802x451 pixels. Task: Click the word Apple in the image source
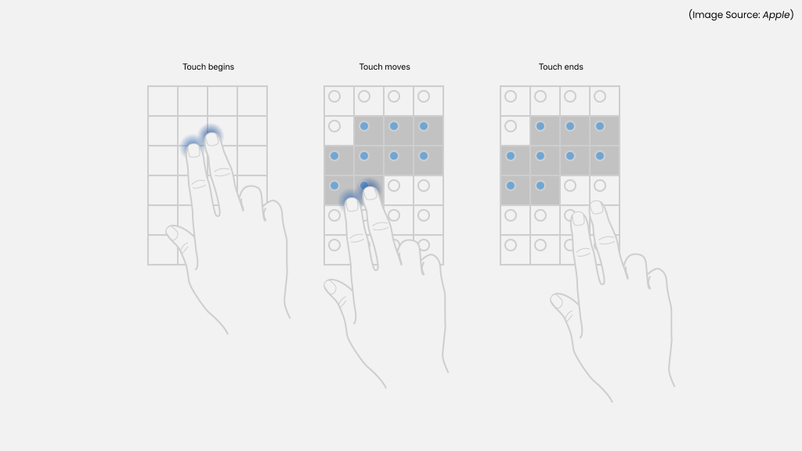(x=775, y=15)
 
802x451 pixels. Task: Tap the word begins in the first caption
(x=221, y=67)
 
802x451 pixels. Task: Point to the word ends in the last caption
(x=573, y=67)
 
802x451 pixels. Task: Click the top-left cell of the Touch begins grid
(x=163, y=101)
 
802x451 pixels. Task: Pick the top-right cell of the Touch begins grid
(x=252, y=101)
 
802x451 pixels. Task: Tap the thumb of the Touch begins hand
(x=175, y=235)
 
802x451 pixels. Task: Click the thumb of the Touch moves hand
(x=334, y=288)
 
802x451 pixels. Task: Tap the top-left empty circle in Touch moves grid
(x=334, y=96)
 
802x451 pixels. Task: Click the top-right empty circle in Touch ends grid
(x=600, y=96)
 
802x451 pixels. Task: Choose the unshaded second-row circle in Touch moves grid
(x=334, y=126)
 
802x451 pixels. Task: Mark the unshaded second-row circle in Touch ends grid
(x=511, y=126)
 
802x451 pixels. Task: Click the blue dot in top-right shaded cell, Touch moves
(x=424, y=126)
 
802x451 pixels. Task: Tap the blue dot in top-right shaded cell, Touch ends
(x=600, y=126)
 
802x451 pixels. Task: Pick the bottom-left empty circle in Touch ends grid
(x=511, y=245)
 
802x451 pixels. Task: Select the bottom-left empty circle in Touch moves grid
(x=334, y=245)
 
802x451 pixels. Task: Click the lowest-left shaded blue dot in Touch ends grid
(x=511, y=186)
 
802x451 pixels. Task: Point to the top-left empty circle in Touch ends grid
(x=511, y=96)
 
